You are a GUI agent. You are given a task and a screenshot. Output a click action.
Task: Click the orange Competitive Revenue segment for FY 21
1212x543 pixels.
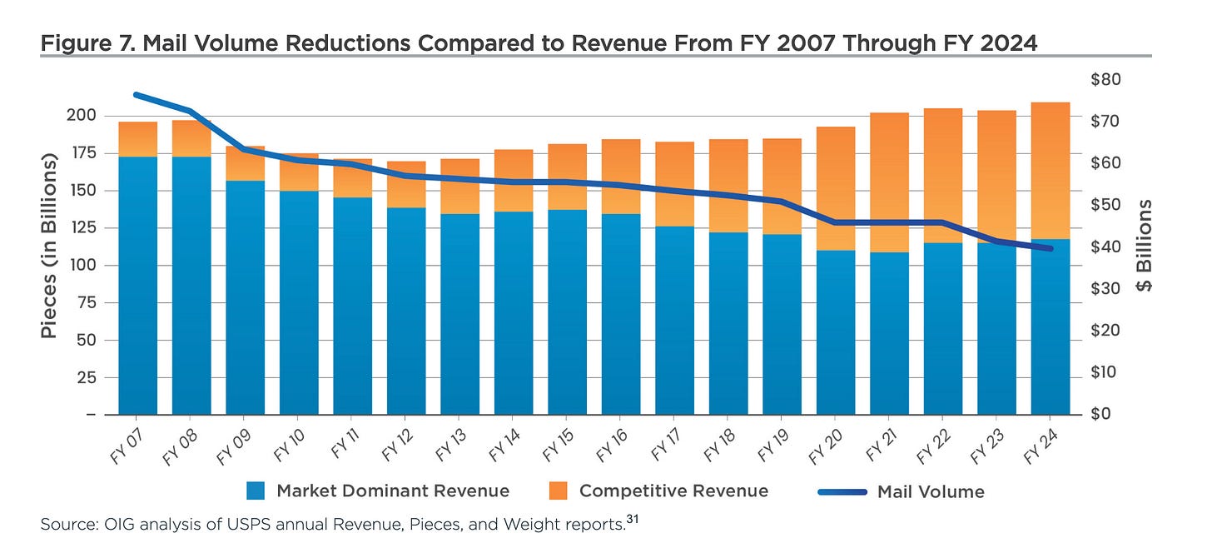[x=889, y=182]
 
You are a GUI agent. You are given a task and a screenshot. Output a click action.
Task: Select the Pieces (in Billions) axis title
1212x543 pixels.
[x=50, y=246]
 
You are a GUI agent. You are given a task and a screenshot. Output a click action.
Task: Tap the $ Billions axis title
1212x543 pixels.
[x=1145, y=246]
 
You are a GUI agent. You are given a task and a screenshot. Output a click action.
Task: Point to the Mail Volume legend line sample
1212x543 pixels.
[x=842, y=491]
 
